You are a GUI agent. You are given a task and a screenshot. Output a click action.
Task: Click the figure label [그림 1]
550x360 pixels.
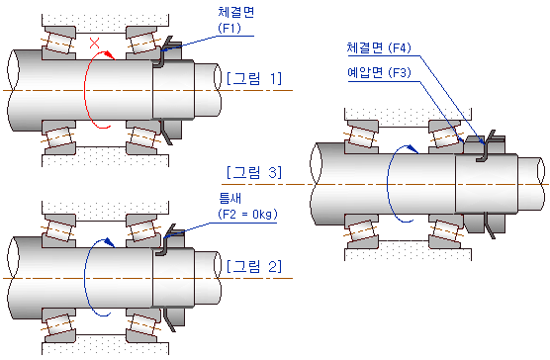point(254,78)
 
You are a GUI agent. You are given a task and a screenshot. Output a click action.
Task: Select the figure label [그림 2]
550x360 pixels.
point(254,266)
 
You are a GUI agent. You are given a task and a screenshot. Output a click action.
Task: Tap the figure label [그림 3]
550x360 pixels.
point(254,172)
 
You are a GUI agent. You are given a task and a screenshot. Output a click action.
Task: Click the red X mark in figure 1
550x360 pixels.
point(94,43)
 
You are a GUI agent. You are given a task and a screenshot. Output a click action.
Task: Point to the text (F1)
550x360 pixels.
point(229,28)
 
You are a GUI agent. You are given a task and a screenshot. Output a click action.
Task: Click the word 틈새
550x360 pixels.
point(230,198)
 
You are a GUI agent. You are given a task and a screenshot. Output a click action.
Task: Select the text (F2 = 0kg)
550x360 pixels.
point(247,214)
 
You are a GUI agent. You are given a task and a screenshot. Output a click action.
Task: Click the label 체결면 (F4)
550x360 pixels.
point(379,47)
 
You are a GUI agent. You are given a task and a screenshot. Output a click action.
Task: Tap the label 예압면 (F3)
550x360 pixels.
point(379,72)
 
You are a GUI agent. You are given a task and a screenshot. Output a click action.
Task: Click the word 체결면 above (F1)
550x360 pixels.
point(236,12)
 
